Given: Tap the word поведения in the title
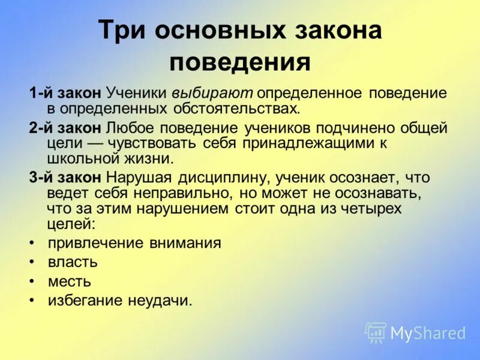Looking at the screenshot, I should tap(239, 62).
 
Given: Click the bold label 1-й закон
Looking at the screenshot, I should tap(65, 94).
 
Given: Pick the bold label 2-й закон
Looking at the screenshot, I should tap(65, 127).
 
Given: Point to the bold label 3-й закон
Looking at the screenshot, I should tap(65, 178).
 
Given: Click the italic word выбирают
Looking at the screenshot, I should tap(214, 94).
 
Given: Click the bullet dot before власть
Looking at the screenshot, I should tap(31, 263).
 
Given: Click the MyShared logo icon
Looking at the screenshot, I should tap(376, 332).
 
